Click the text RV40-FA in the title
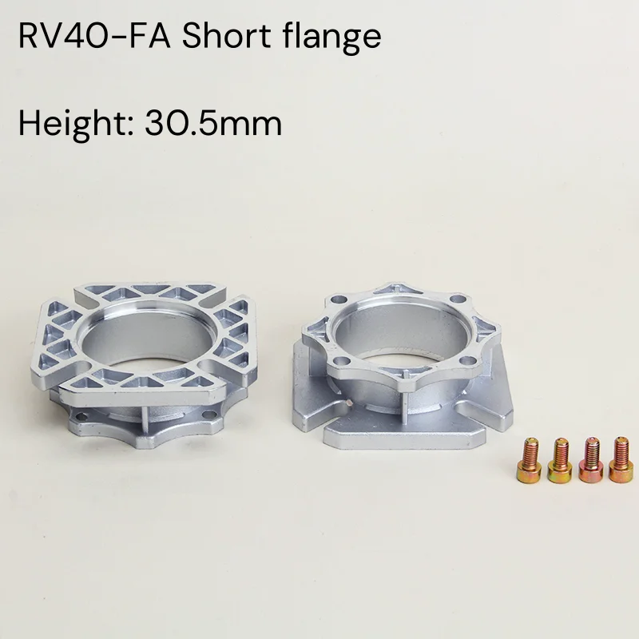point(94,37)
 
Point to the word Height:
point(76,124)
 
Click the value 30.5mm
point(213,124)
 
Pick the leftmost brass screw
point(529,460)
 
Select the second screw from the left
point(560,460)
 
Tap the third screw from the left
point(591,460)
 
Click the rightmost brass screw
point(621,460)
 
